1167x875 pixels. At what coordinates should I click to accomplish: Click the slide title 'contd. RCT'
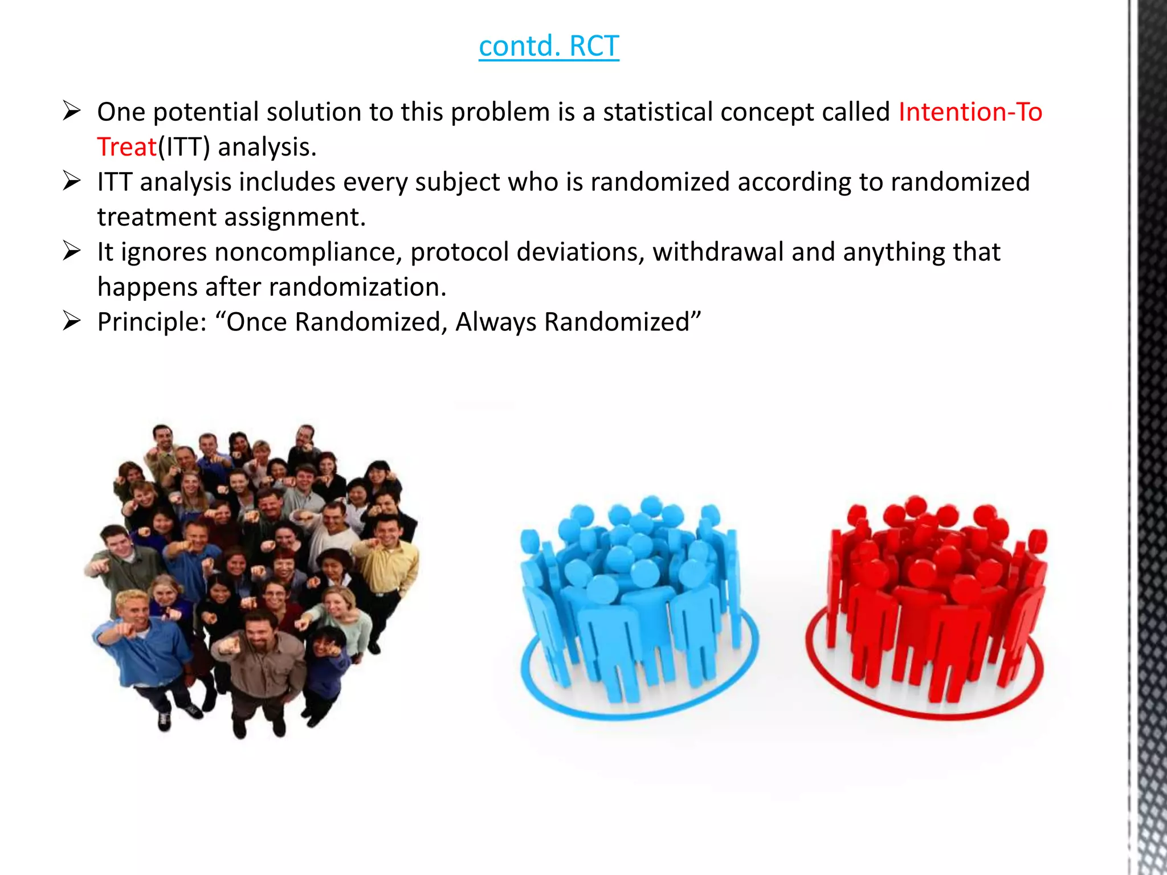pyautogui.click(x=548, y=46)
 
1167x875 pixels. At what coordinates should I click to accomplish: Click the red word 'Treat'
pyautogui.click(x=127, y=148)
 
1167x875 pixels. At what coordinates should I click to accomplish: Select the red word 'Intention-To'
pyautogui.click(x=970, y=112)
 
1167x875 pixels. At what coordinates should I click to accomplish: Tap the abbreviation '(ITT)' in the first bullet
pyautogui.click(x=183, y=148)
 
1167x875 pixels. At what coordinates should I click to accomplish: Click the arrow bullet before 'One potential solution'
pyautogui.click(x=72, y=111)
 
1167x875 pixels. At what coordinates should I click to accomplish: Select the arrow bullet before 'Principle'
pyautogui.click(x=72, y=321)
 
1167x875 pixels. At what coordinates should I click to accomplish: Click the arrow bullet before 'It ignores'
pyautogui.click(x=72, y=251)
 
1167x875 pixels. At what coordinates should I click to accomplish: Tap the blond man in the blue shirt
pyautogui.click(x=140, y=638)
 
